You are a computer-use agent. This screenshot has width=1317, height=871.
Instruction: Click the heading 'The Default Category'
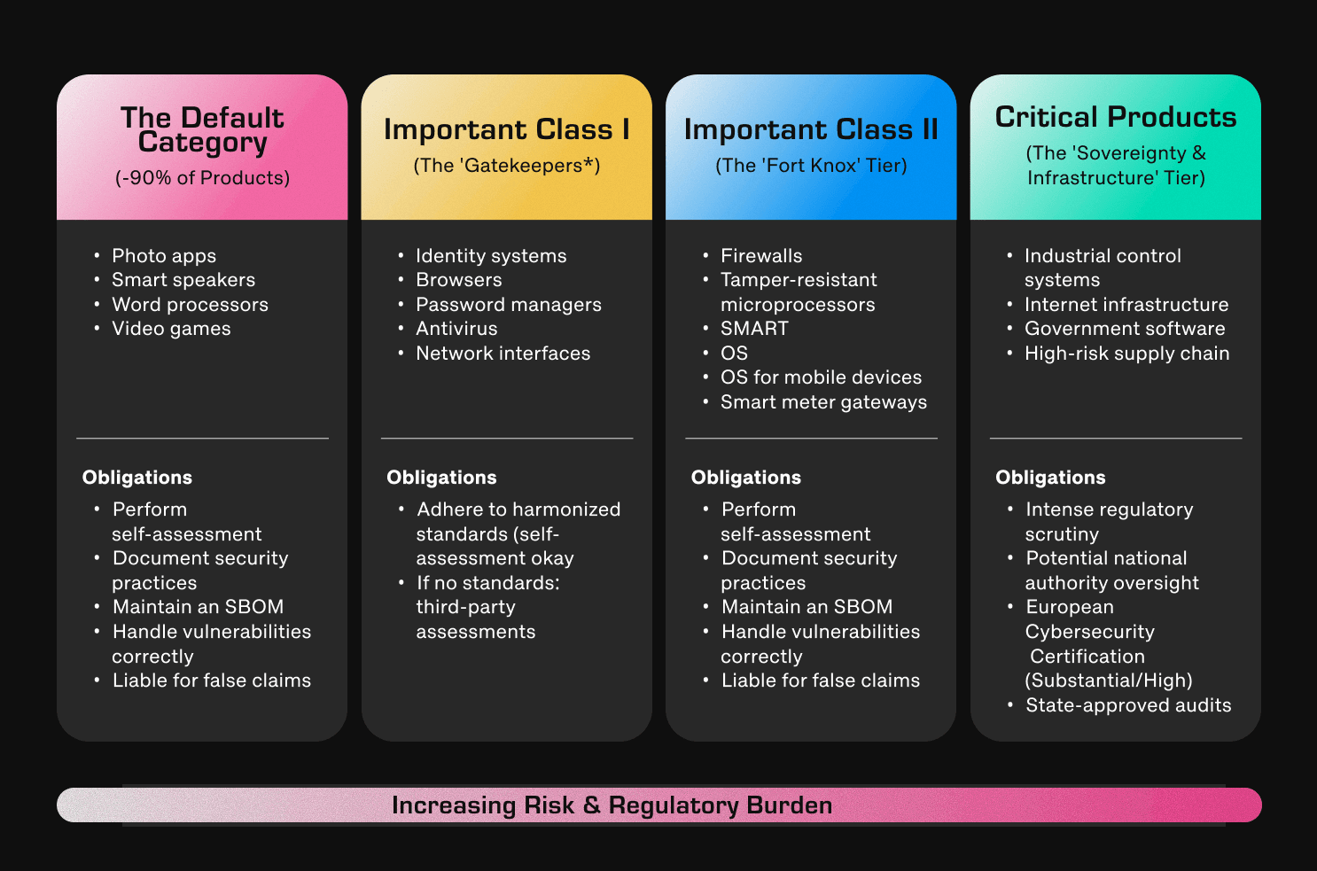click(202, 129)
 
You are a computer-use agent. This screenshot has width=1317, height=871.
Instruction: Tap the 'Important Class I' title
click(506, 129)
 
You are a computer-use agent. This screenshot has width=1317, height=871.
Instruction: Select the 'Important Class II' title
click(811, 129)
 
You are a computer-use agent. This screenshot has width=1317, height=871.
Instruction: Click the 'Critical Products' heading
click(1115, 117)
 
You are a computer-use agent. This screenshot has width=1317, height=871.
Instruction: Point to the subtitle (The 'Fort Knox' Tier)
click(811, 166)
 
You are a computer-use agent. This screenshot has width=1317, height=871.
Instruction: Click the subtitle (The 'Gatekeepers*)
click(506, 166)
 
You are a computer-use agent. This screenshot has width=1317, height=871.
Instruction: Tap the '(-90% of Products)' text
click(202, 178)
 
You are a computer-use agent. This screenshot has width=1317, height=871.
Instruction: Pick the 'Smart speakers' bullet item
click(183, 280)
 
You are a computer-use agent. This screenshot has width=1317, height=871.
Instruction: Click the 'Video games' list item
click(171, 329)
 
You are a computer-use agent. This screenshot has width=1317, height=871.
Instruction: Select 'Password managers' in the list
click(509, 305)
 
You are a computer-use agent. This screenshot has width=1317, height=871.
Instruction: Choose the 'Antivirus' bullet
click(456, 329)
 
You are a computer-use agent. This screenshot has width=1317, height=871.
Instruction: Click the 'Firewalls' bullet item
click(761, 256)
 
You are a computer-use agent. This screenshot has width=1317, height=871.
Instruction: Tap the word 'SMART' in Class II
click(754, 329)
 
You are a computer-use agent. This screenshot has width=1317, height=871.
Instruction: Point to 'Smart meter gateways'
click(823, 402)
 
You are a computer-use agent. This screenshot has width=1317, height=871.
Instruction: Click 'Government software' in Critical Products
click(1125, 329)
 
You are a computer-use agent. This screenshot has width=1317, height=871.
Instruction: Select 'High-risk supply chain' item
click(1126, 354)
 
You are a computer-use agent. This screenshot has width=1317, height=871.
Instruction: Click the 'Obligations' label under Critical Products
click(1050, 478)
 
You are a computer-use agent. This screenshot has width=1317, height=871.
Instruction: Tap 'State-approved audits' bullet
click(1128, 705)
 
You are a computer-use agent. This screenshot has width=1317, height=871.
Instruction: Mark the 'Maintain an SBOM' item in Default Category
click(198, 607)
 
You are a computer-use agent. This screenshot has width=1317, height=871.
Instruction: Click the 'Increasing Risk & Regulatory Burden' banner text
click(612, 805)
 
